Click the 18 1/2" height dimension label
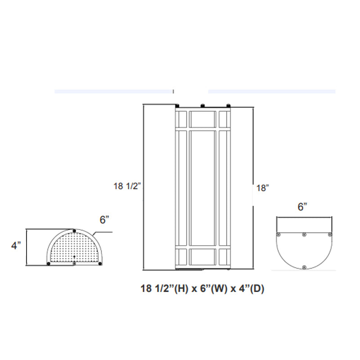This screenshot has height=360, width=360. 128,185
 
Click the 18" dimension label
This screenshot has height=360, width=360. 262,189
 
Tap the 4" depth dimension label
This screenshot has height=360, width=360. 16,246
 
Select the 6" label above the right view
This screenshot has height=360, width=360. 302,207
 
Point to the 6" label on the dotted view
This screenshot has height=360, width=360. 104,220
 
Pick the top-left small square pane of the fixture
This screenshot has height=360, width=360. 182,118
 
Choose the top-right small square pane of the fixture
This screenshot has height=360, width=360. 223,118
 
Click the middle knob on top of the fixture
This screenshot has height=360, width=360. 202,105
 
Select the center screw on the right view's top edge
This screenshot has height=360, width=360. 304,234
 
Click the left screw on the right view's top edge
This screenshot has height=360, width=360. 279,234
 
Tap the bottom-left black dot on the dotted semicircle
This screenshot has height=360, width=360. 48,263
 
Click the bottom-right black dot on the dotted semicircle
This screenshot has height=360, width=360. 100,263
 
